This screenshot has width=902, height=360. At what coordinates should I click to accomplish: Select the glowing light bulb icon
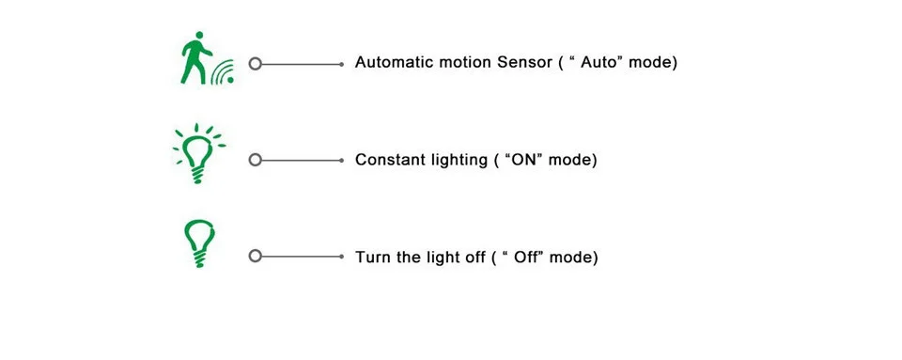pos(198,153)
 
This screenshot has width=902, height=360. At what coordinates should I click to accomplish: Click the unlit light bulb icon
pos(199,243)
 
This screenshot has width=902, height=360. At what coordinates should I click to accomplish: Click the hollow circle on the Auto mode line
pos(256,64)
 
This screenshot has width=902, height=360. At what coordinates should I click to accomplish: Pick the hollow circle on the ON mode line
pos(256,160)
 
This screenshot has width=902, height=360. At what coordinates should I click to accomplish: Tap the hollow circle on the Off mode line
pos(256,256)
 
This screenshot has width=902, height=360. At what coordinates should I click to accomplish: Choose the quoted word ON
pos(523,160)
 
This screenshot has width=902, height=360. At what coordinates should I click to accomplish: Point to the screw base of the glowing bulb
pos(198,175)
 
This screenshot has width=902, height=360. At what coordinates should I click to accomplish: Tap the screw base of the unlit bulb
pos(199,259)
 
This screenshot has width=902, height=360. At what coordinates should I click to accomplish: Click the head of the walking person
pos(199,36)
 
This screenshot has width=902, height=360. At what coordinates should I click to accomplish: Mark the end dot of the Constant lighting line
pos(342,160)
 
